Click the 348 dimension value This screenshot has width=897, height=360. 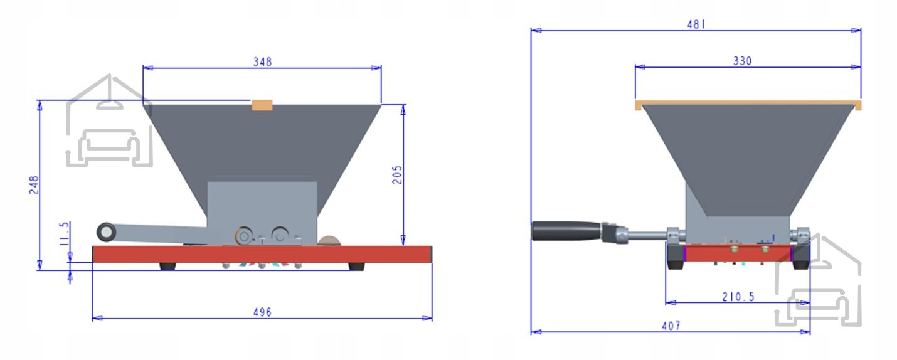(x=262, y=61)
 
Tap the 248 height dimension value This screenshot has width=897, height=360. (x=34, y=184)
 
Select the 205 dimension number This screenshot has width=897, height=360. (x=397, y=174)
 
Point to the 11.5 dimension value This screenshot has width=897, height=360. (x=64, y=234)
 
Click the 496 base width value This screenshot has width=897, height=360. (x=262, y=312)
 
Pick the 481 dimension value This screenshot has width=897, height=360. (x=696, y=24)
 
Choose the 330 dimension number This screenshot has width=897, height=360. (x=743, y=61)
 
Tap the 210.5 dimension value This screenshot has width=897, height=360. (x=738, y=297)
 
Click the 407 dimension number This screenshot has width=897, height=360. (x=671, y=326)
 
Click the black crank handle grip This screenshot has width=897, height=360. (x=566, y=231)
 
